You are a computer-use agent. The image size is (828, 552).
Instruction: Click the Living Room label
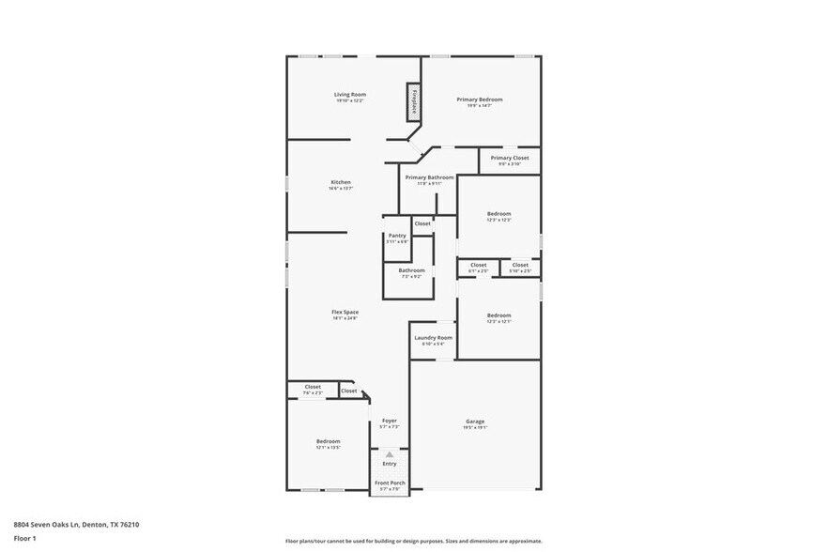(x=350, y=95)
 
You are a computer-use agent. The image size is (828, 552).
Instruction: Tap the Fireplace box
(x=413, y=101)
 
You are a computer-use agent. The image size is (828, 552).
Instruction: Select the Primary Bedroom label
(x=480, y=100)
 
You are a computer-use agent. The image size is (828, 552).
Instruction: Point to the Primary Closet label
(x=510, y=158)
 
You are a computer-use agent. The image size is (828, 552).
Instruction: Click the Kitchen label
(x=340, y=182)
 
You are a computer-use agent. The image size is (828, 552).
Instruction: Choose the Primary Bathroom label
(x=429, y=177)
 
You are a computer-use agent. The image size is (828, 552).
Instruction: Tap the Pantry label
(x=397, y=236)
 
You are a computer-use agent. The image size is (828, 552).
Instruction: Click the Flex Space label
(x=345, y=312)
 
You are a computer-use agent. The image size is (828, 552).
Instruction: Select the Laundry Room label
(x=433, y=337)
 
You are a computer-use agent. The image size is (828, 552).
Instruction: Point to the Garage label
(x=476, y=422)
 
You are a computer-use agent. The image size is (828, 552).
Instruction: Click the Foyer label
(x=389, y=421)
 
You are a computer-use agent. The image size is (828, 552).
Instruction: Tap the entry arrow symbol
(x=389, y=453)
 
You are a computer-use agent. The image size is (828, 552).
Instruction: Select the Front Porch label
(x=389, y=483)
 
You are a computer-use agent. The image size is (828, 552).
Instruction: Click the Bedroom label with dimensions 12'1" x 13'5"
(x=328, y=441)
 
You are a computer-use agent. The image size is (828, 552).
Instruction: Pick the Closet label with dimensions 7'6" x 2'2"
(x=313, y=387)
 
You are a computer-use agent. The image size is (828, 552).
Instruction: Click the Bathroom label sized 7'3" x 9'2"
(x=411, y=270)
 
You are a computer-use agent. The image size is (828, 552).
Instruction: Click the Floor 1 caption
(x=24, y=538)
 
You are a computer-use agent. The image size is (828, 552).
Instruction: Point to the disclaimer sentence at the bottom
(x=413, y=541)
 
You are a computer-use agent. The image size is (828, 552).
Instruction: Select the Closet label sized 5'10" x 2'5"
(x=520, y=265)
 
